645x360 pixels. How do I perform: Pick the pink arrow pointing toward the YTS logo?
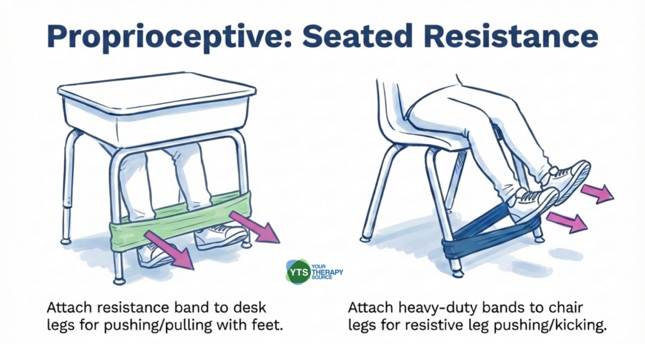pos(170,250)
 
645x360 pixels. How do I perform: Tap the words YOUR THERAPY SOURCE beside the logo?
pos(327,272)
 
